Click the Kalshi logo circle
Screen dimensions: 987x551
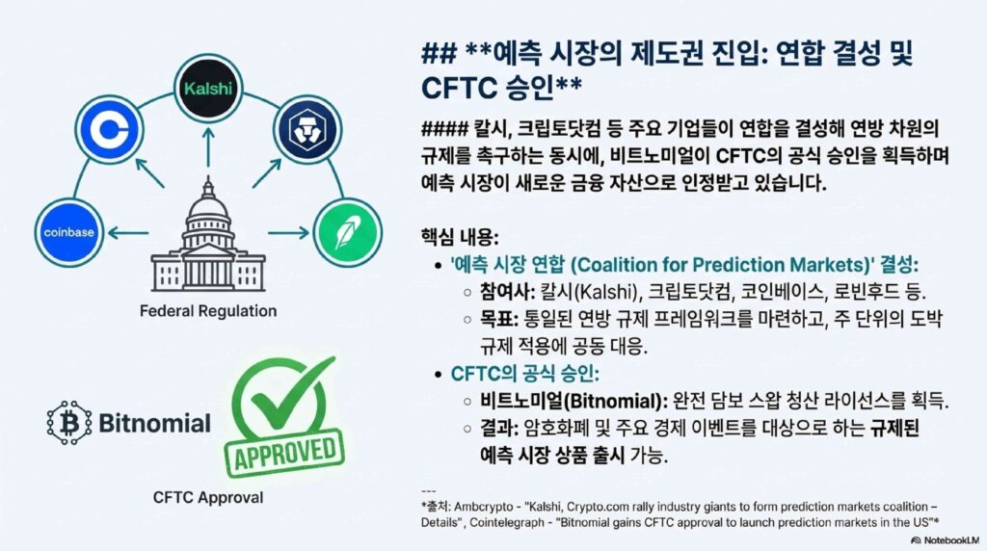coord(208,88)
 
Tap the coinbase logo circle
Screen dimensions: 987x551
coord(69,232)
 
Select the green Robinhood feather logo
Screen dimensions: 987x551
coord(347,233)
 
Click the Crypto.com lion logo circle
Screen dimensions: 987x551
coord(307,130)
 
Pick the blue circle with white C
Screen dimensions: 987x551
coord(110,130)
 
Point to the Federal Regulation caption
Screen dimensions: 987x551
coord(208,311)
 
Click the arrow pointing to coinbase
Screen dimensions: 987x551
coord(128,233)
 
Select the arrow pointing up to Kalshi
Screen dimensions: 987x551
coord(208,147)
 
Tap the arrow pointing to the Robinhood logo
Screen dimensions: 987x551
coord(288,233)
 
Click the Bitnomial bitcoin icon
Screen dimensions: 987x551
coord(69,423)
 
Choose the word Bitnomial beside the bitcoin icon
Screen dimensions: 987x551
coord(155,423)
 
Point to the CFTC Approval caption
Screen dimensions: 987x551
coord(208,497)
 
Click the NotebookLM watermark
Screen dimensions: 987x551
coord(946,540)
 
